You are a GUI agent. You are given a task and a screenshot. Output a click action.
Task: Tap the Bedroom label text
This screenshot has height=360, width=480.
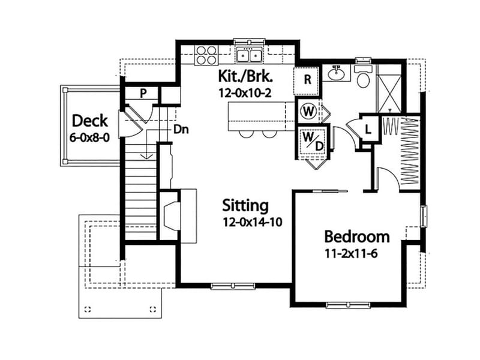[x=357, y=236]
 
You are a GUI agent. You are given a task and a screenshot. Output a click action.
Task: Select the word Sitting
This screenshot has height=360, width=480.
[x=245, y=205]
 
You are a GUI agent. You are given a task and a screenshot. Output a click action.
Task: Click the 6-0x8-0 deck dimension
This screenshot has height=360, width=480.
[x=90, y=137]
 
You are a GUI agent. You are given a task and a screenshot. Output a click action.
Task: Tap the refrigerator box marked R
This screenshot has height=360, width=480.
[x=307, y=80]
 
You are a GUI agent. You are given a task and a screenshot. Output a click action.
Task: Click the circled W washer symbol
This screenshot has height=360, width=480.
[x=308, y=111]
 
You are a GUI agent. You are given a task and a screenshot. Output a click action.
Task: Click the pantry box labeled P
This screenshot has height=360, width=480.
[x=143, y=93]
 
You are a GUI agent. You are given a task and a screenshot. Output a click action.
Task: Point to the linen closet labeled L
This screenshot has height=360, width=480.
[x=367, y=127]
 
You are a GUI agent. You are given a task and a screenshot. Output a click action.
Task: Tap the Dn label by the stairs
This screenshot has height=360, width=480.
[x=178, y=128]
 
